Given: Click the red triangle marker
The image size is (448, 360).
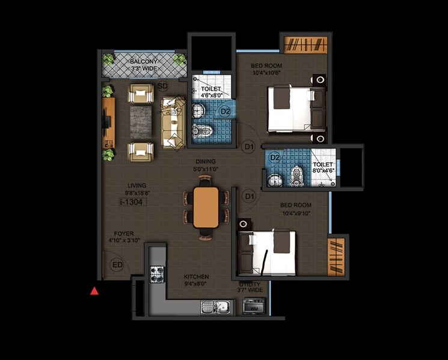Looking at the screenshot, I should [94, 291].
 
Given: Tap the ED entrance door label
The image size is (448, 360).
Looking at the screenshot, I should [117, 265].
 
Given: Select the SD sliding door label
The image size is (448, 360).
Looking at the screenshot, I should [162, 87].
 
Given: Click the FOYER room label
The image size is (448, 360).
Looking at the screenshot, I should [124, 233].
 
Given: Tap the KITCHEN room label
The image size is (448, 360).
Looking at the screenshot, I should [195, 277].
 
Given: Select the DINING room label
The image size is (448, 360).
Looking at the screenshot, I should [206, 162].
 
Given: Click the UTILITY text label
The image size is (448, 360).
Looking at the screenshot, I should [249, 284].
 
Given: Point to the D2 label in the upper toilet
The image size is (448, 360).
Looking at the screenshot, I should [225, 111].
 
